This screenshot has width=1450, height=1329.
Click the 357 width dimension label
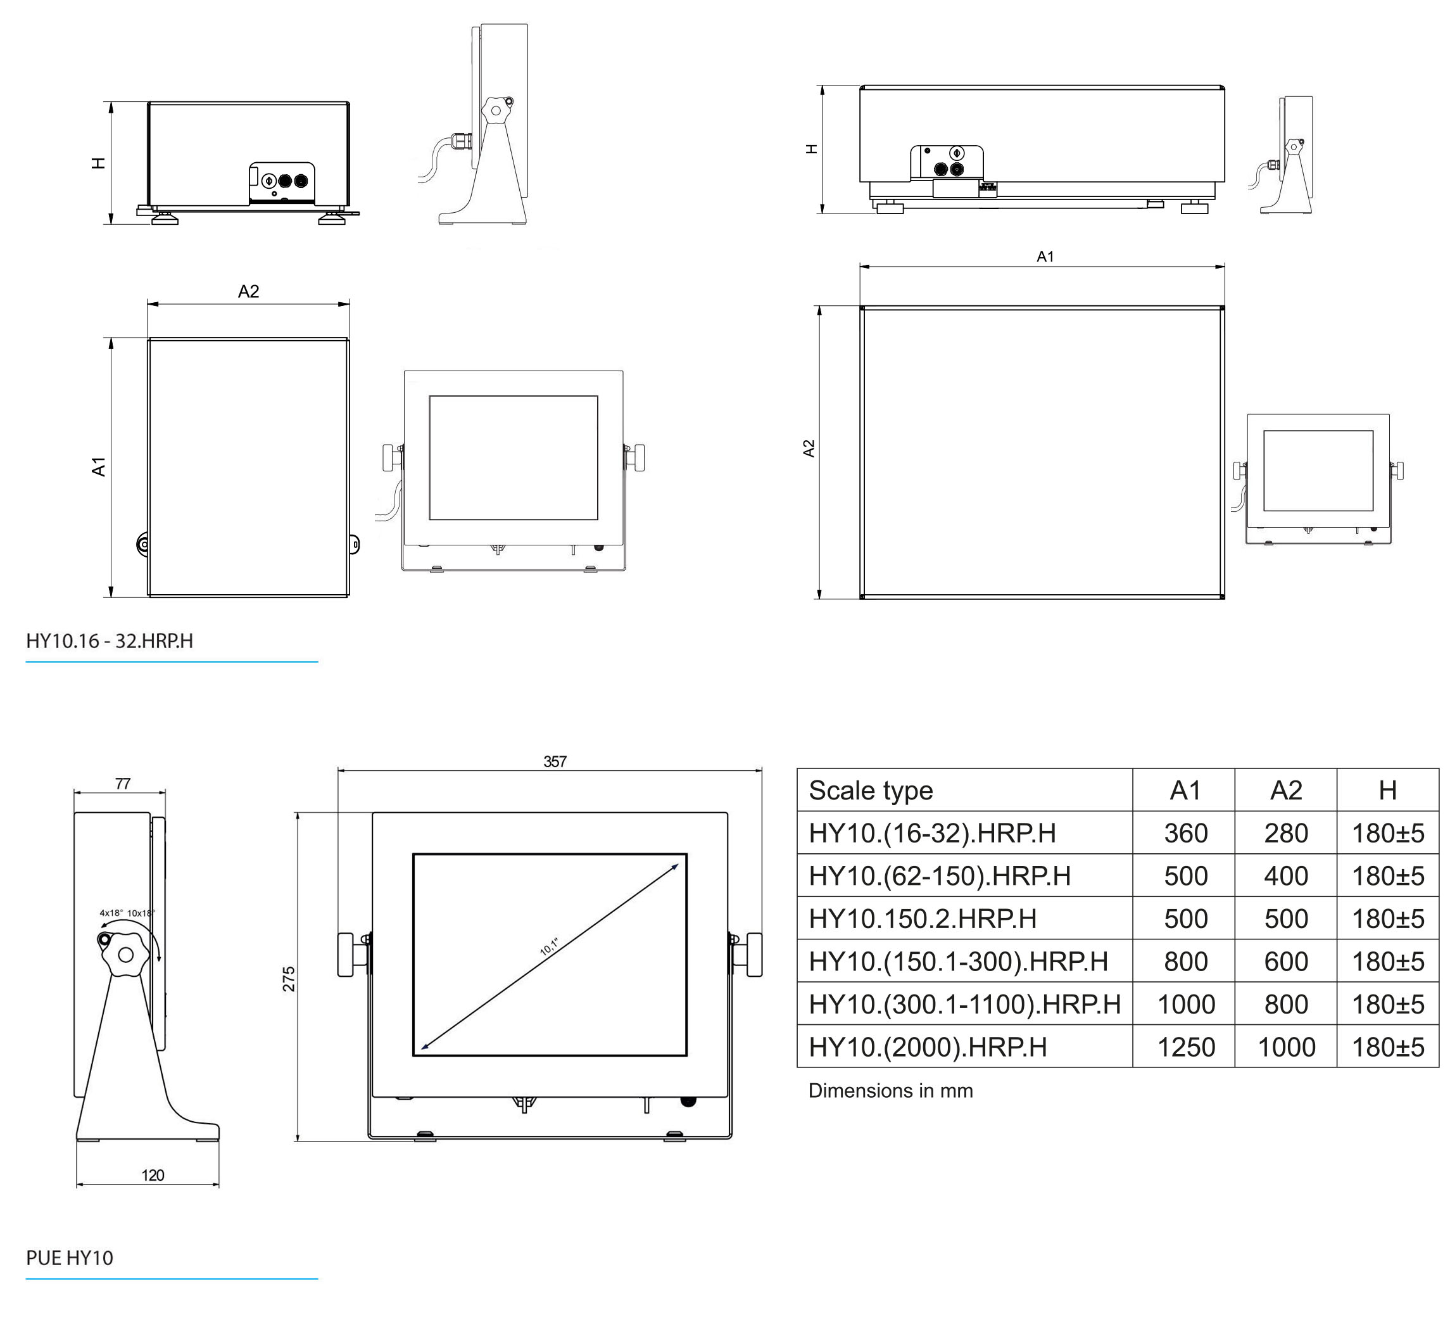pos(555,761)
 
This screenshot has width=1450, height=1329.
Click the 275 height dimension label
pos(289,979)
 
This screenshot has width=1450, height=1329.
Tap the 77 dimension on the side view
pos(123,784)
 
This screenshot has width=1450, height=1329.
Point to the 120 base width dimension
pos(153,1175)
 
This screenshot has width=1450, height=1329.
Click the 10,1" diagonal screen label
pos(550,946)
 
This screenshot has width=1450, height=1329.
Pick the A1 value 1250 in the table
pos(1185,1047)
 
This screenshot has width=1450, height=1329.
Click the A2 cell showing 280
pos(1286,833)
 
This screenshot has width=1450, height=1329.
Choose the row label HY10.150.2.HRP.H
pos(922,919)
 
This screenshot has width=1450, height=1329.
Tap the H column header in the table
pos(1387,790)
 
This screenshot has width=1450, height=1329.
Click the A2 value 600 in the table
pos(1286,962)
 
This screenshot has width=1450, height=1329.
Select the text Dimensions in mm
pos(890,1091)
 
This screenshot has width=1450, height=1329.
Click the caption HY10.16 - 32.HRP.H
pos(110,641)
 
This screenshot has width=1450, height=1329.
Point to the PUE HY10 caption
pos(70,1258)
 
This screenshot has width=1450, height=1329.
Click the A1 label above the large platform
pos(1044,257)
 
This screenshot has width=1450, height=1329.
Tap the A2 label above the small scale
pos(248,291)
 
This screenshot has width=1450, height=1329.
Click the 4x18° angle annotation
pos(111,913)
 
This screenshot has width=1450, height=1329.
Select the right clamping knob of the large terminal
pos(752,955)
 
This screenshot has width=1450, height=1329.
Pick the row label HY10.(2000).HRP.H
pos(927,1047)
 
